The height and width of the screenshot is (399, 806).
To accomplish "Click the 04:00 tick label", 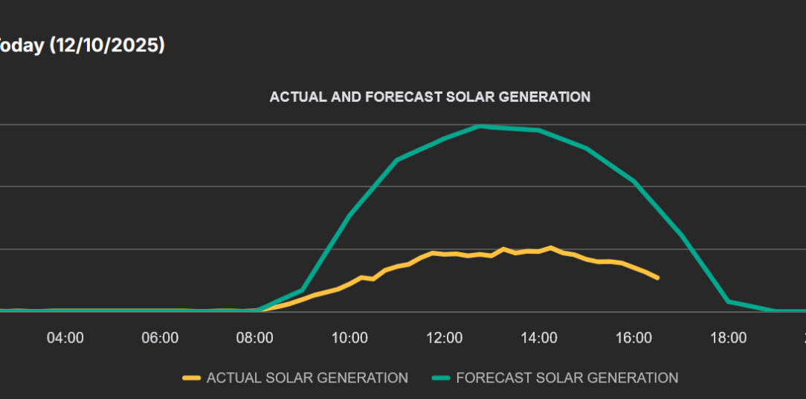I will [x=65, y=338].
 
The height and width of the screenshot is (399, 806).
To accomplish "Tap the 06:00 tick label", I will [x=160, y=338].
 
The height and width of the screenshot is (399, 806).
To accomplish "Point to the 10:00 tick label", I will [x=349, y=338].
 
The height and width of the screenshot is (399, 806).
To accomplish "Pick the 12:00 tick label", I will [x=445, y=338].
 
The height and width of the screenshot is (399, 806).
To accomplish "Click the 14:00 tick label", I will [x=539, y=338].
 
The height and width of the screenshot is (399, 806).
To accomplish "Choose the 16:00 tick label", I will [x=633, y=338].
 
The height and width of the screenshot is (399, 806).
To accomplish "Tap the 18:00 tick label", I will [x=729, y=338].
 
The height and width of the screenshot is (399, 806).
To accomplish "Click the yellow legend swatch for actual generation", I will [x=192, y=378].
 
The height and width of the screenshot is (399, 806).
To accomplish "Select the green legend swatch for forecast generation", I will [x=441, y=378].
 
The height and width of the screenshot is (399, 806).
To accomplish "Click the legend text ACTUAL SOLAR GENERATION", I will [x=307, y=378].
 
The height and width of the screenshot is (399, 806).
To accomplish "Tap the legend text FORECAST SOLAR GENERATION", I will [x=567, y=378].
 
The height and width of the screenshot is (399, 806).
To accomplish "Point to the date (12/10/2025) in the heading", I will [x=107, y=45].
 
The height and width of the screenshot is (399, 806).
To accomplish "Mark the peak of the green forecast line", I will [x=480, y=126].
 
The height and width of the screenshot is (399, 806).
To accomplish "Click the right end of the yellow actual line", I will [x=657, y=278].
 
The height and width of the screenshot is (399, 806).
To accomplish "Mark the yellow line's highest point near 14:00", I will [x=551, y=247].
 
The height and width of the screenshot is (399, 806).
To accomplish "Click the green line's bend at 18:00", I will [x=729, y=301].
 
